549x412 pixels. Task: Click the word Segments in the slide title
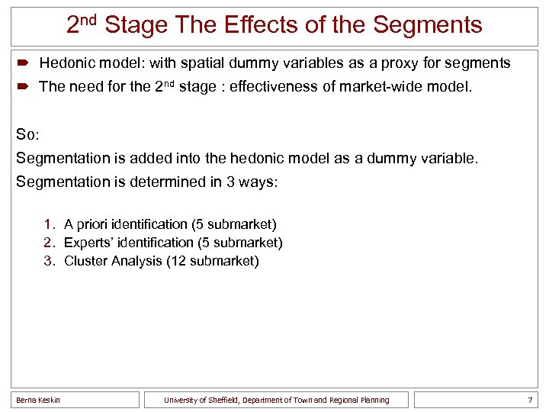pos(427,25)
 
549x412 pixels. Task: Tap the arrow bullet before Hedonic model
pos(24,63)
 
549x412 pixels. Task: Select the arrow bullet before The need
pos(24,87)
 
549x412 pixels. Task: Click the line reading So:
pos(27,134)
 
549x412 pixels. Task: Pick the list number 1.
pos(48,224)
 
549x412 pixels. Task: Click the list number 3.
pos(48,261)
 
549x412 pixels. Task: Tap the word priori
pos(91,224)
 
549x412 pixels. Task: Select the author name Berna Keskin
pos(38,400)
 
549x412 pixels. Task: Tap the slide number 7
pos(529,400)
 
